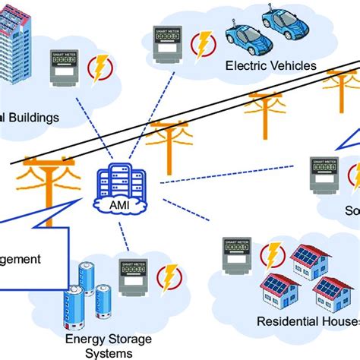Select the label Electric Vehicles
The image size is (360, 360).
pyautogui.click(x=270, y=66)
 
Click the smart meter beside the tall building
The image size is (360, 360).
pyautogui.click(x=65, y=68)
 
